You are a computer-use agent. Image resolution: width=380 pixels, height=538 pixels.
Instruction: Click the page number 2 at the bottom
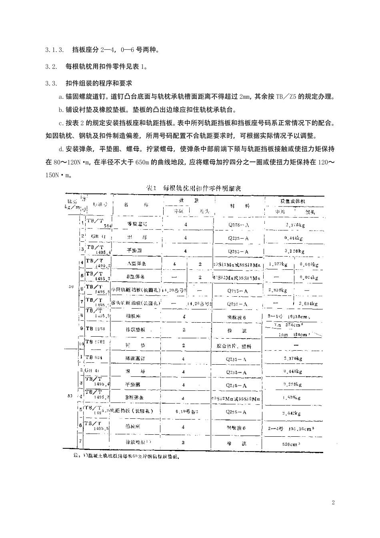pos(333,503)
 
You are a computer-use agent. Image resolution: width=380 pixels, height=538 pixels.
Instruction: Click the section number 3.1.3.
pos(55,50)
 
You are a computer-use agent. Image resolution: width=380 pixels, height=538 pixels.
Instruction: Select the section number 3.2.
pos(52,67)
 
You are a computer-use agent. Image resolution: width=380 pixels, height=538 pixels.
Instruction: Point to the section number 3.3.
pos(52,84)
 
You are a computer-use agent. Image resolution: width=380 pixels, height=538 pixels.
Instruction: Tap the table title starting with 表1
pos(193,188)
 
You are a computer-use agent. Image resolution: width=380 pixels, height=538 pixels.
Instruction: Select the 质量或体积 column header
pos(294,201)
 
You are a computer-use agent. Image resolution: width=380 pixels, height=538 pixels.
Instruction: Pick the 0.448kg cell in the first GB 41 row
pos(295,238)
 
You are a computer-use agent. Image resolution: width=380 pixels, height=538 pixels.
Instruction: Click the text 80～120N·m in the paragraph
pos(71,162)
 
